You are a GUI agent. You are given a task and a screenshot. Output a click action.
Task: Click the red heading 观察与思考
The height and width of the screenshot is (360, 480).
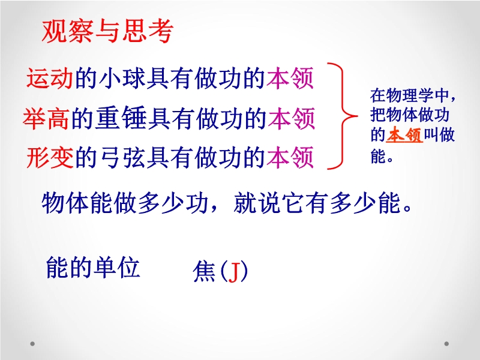click(x=107, y=32)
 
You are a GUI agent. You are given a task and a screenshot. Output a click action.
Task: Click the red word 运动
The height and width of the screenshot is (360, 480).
click(x=50, y=78)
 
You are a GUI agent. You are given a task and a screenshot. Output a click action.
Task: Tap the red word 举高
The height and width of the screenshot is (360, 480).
click(x=46, y=118)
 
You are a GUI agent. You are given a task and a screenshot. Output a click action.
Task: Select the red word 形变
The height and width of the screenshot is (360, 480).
click(x=50, y=157)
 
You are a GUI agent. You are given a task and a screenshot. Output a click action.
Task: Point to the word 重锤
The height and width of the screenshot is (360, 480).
click(x=121, y=118)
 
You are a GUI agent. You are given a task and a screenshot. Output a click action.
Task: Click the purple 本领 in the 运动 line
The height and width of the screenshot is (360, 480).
click(x=290, y=78)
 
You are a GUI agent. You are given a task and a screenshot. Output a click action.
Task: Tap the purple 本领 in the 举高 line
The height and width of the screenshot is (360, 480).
click(x=292, y=118)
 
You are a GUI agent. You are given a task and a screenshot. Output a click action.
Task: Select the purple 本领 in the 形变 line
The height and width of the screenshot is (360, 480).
click(x=290, y=157)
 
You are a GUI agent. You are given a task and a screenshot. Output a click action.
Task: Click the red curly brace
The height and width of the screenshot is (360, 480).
click(x=342, y=116)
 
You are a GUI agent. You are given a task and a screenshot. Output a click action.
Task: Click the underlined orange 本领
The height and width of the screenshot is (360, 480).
click(x=404, y=135)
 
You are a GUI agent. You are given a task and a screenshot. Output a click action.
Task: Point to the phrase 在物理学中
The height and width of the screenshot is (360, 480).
click(x=409, y=96)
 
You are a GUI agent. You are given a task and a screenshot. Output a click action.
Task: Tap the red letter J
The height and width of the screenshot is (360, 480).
click(x=233, y=272)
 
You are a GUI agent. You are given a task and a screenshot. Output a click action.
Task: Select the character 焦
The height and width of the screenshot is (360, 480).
click(x=204, y=271)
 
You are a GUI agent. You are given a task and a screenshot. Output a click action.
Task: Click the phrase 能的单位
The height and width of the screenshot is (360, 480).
click(x=93, y=267)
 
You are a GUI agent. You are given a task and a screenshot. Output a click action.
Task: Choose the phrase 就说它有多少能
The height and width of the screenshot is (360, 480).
click(x=317, y=203)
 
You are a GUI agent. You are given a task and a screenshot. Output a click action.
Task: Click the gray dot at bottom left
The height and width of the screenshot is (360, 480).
click(x=32, y=344)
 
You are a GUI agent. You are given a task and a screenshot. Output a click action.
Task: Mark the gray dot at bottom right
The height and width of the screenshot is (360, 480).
click(x=446, y=344)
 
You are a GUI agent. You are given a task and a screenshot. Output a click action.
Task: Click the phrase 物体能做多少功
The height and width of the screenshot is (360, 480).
click(x=125, y=203)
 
